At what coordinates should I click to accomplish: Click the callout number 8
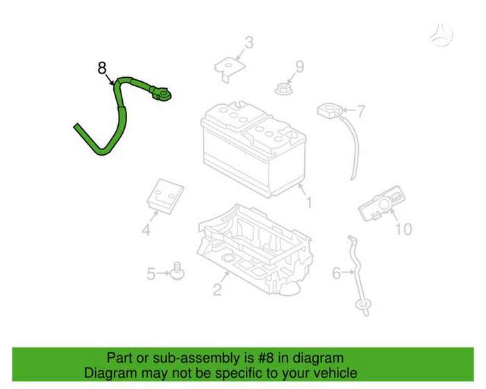coord(102,68)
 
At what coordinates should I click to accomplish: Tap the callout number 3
coord(249,43)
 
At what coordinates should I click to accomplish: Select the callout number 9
coord(299,67)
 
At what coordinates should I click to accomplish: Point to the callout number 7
coord(360,111)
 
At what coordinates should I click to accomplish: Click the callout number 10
coord(403,229)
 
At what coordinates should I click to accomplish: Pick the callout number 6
coord(337,273)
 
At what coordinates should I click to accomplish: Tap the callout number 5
coord(151,274)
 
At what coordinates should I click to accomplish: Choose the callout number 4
coord(146,230)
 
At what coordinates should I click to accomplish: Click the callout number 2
coord(217,289)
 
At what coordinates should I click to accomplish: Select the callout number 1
coord(309,202)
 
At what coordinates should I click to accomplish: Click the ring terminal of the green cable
coord(162,94)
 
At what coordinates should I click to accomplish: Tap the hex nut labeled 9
coord(283,89)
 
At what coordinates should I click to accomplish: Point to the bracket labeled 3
coord(230,69)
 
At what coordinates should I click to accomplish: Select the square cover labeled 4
coord(165,196)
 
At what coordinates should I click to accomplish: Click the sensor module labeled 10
coord(382,204)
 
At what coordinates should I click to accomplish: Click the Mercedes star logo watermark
coord(442,34)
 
